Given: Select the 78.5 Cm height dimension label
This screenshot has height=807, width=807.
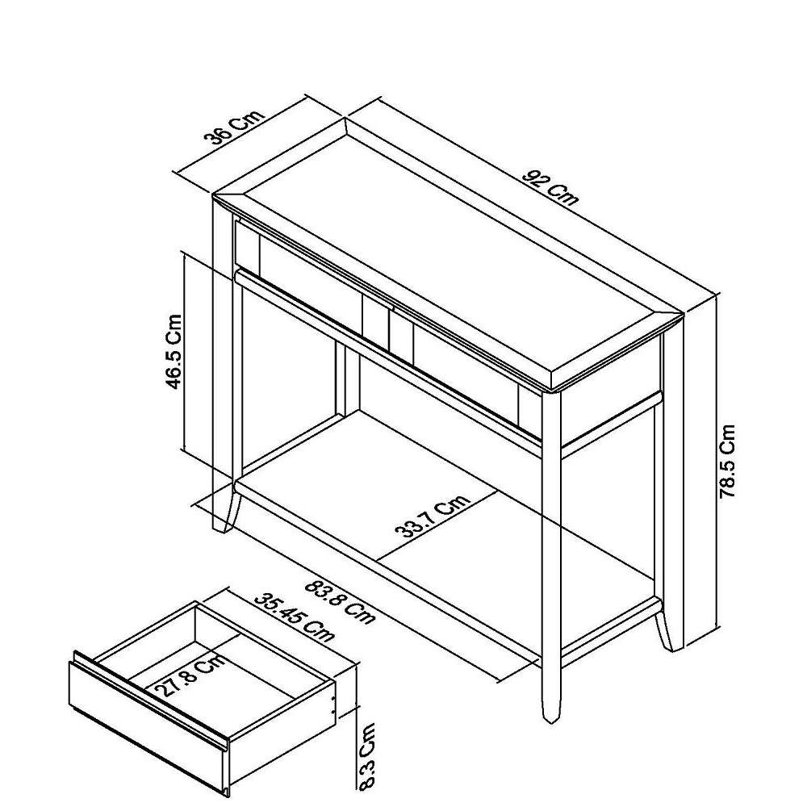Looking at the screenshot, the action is pos(727,461).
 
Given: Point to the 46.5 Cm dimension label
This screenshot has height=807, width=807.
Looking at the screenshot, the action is pos(174,352).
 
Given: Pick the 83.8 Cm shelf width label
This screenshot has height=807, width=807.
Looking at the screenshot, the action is pos(340,601).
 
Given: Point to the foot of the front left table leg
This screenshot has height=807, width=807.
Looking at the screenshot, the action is pos(224,519).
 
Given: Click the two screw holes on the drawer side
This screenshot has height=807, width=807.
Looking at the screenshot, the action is pos(333,705).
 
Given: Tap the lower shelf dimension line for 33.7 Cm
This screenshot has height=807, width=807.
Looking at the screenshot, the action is pos(438,525).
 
